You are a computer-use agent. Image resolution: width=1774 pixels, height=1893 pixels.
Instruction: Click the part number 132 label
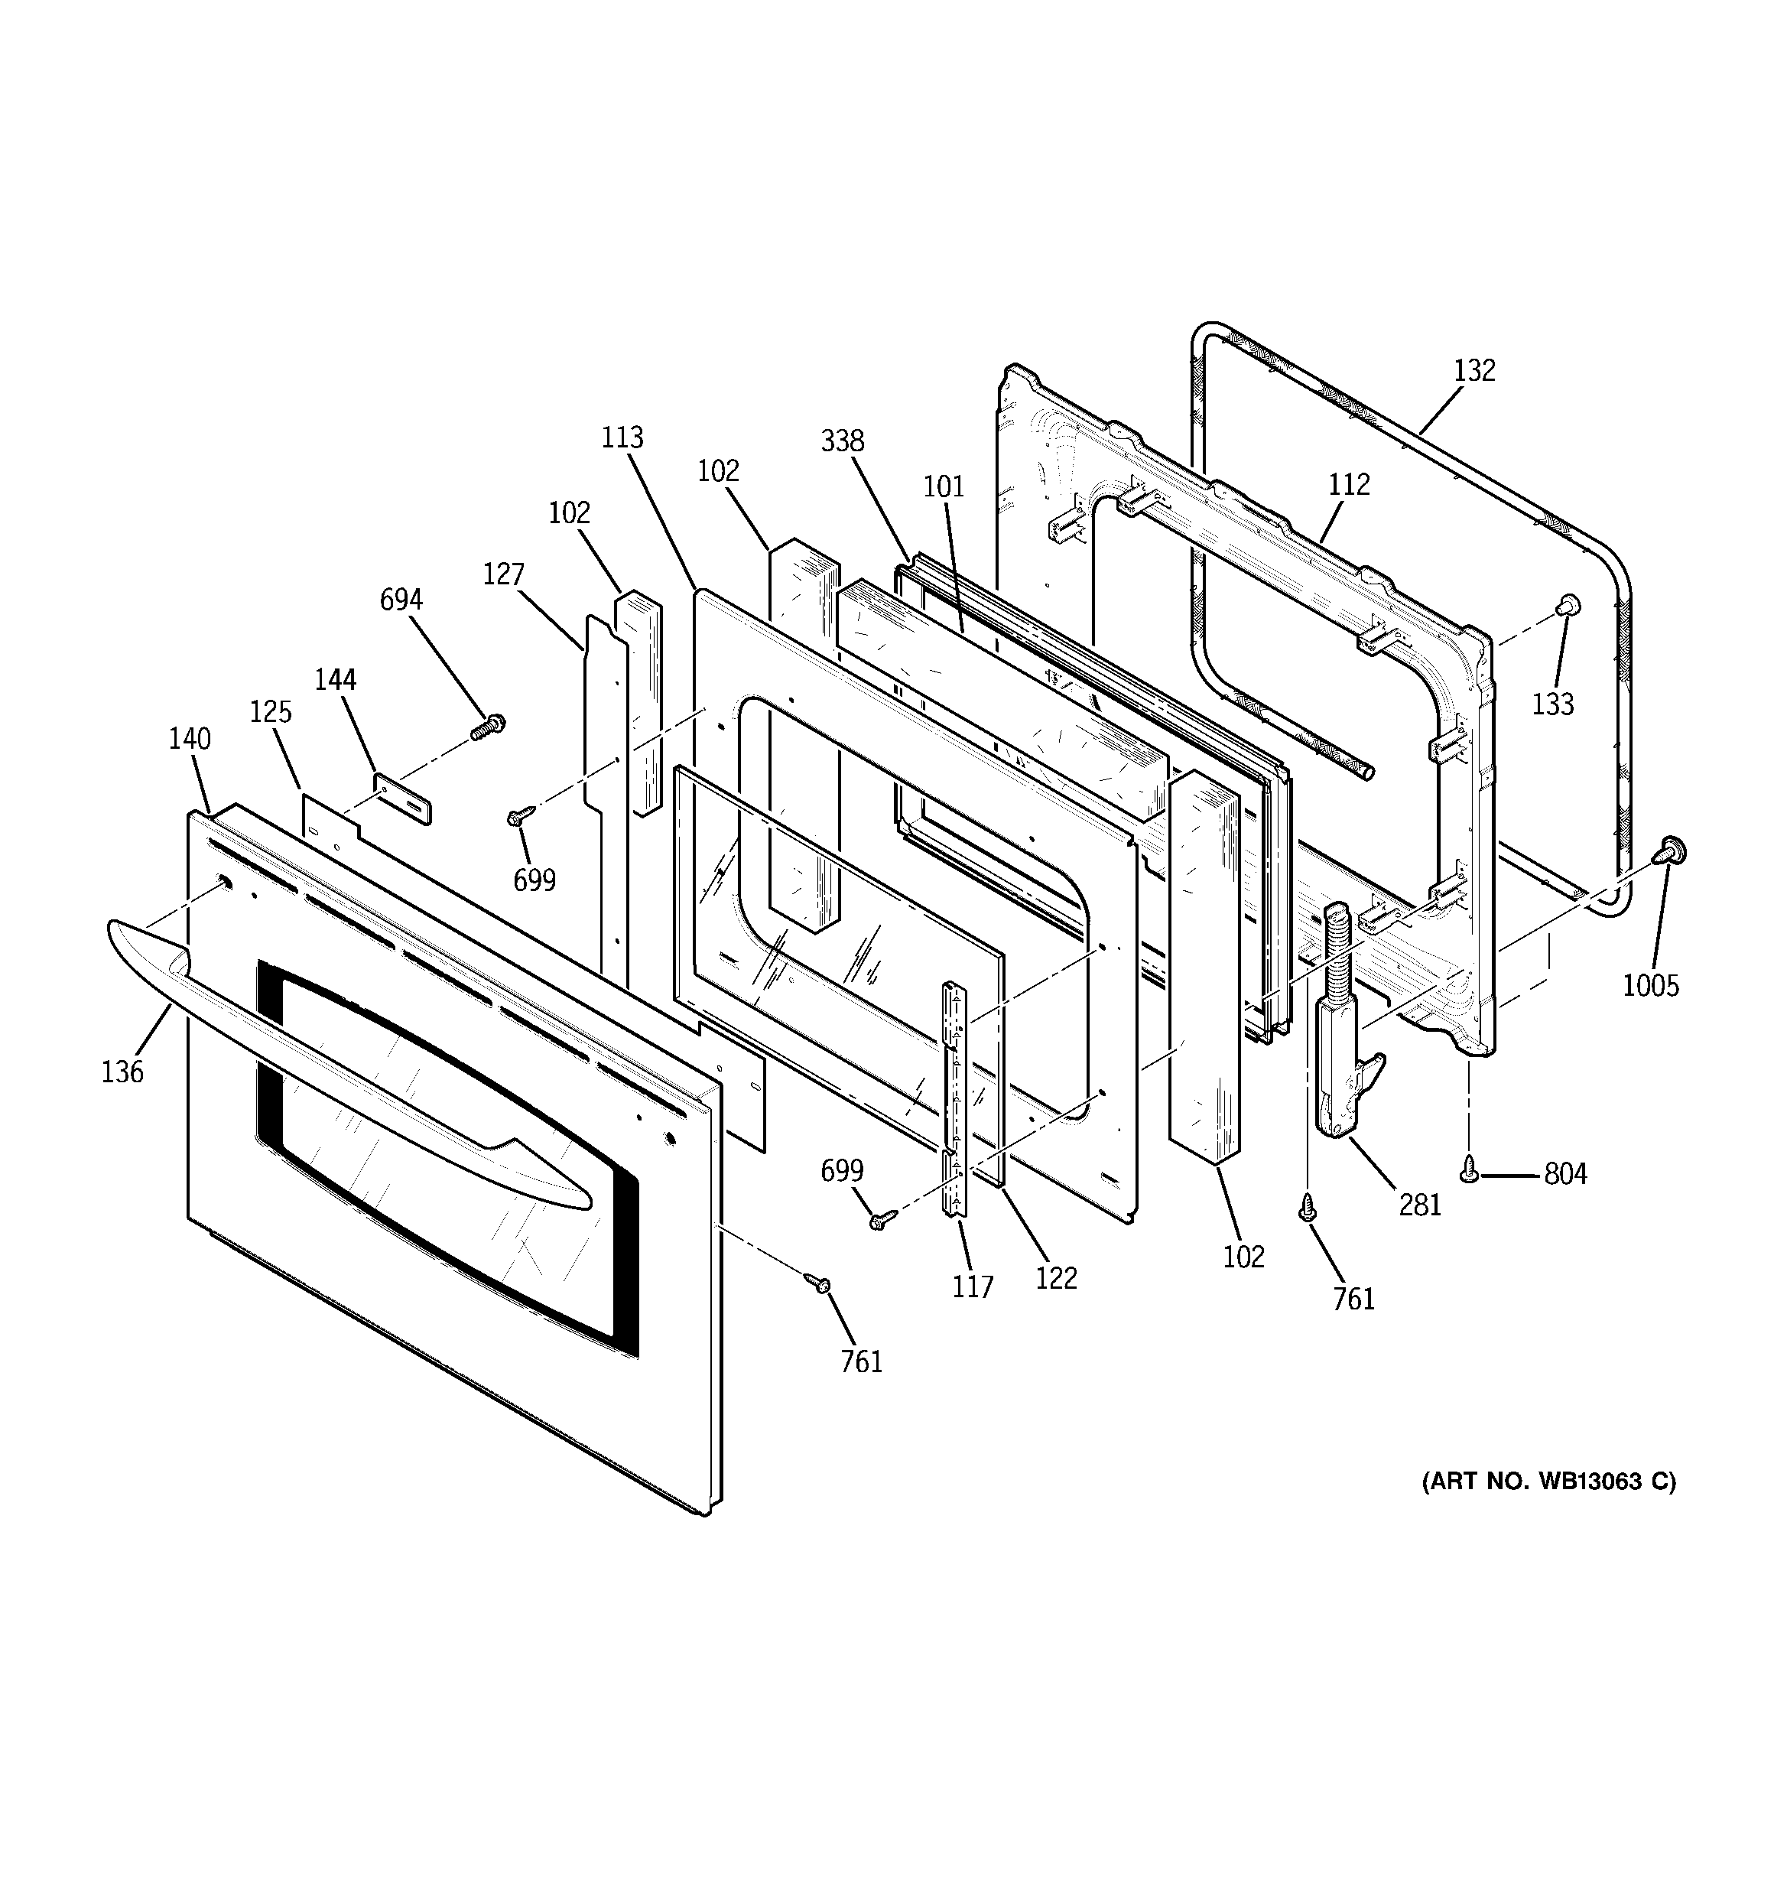pyautogui.click(x=1474, y=370)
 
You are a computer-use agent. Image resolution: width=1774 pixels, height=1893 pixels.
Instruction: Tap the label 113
pyautogui.click(x=622, y=438)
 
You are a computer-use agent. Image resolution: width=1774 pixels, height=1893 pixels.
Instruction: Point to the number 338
pyautogui.click(x=842, y=441)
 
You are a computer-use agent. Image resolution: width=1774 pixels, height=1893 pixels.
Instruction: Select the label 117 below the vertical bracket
pyautogui.click(x=972, y=1287)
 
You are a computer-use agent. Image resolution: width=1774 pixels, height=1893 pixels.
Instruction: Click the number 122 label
pyautogui.click(x=1055, y=1278)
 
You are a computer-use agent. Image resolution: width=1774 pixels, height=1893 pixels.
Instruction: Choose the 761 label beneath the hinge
pyautogui.click(x=1353, y=1299)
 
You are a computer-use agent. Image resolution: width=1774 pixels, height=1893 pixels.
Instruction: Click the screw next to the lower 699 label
pyautogui.click(x=880, y=1219)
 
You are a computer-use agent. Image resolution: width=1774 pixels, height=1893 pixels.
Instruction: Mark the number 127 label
pyautogui.click(x=503, y=574)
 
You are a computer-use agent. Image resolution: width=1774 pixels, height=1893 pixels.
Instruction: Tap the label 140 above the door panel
pyautogui.click(x=190, y=738)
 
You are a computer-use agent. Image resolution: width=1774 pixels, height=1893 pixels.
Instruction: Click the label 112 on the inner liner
pyautogui.click(x=1348, y=485)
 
